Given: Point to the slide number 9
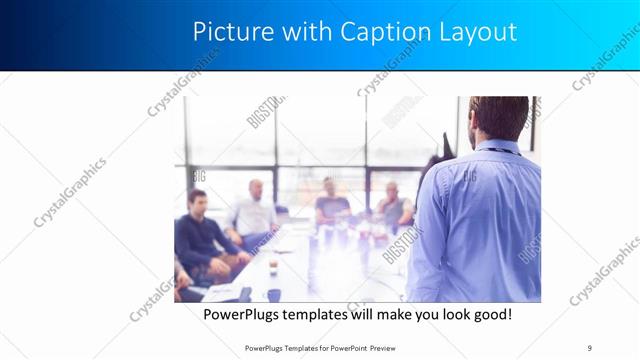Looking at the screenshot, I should click(x=589, y=347).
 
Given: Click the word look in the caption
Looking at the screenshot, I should click(x=439, y=315).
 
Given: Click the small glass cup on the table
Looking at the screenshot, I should click(x=272, y=267).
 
